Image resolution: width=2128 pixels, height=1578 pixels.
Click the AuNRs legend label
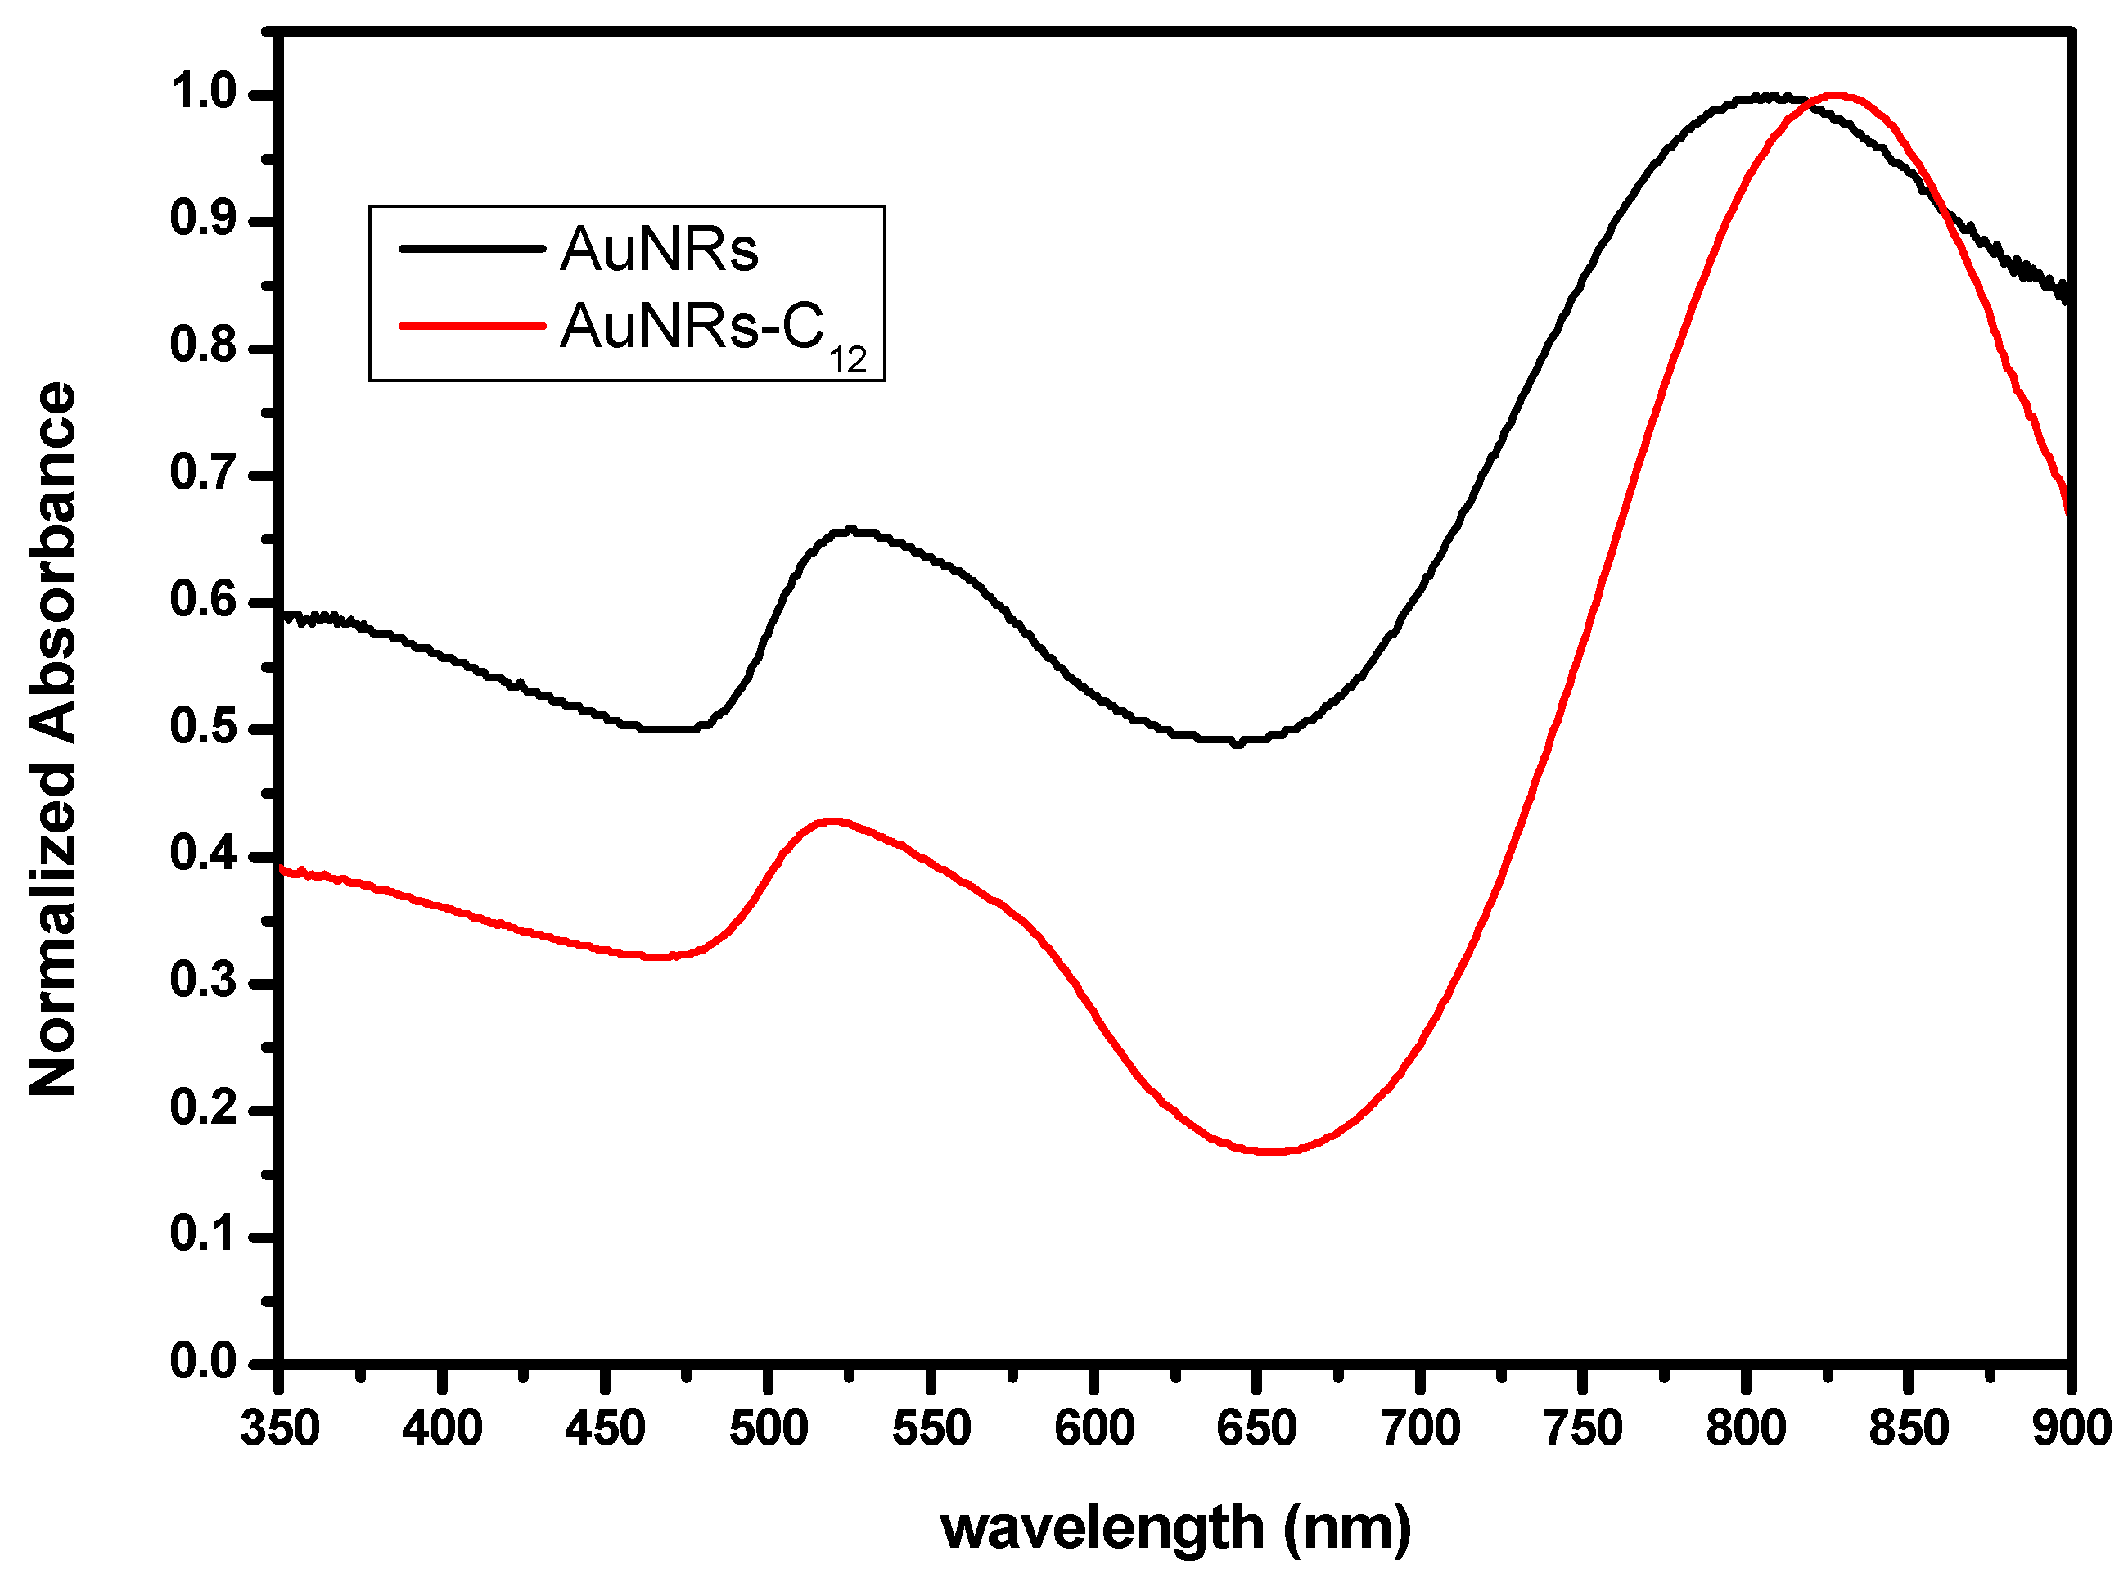tap(658, 250)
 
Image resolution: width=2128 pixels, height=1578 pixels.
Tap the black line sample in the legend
tap(471, 250)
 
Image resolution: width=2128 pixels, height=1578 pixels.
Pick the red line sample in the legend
tap(471, 326)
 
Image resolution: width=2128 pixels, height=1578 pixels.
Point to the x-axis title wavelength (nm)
tap(1174, 1527)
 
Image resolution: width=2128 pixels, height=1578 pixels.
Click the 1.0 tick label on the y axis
tap(204, 92)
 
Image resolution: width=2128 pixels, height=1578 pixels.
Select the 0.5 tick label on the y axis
tap(204, 728)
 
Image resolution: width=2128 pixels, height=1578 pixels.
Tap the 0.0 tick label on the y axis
tap(204, 1362)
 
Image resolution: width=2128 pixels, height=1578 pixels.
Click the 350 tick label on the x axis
tap(280, 1429)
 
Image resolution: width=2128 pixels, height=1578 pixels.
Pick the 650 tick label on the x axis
tap(1257, 1429)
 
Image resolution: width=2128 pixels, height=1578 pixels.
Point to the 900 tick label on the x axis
tap(2071, 1429)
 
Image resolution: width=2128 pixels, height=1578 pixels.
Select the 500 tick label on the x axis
tap(769, 1429)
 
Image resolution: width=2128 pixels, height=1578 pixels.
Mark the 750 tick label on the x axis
tap(1583, 1429)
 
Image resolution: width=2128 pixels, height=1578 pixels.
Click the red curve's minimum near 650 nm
tap(1270, 1152)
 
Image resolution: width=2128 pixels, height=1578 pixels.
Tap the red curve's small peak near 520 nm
tap(833, 822)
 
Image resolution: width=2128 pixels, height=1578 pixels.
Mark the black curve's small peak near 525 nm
tap(850, 531)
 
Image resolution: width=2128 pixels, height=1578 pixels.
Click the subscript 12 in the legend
tap(847, 361)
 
